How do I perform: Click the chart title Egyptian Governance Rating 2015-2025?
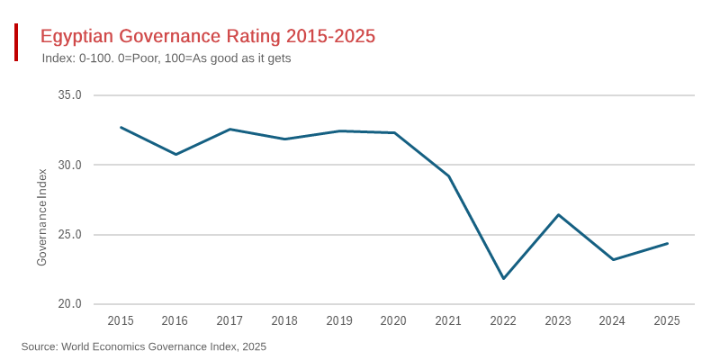tap(207, 36)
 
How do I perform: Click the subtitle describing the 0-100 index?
tap(166, 58)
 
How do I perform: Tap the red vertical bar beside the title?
tap(16, 42)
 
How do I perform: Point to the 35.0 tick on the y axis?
tap(70, 95)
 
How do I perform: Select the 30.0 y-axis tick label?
tap(70, 166)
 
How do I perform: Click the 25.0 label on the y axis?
tap(70, 235)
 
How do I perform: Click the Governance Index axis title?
tap(41, 216)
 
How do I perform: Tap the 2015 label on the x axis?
tap(121, 321)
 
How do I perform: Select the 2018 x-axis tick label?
tap(284, 321)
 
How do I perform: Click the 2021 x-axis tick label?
tap(448, 321)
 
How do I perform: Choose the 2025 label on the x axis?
tap(667, 321)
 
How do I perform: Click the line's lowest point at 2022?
tap(503, 278)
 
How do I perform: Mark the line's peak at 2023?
tap(558, 215)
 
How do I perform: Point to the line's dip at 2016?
tap(175, 154)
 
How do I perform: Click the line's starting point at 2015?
tap(121, 127)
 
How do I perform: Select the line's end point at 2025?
tap(667, 243)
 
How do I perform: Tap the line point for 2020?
tap(394, 132)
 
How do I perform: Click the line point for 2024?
tap(613, 259)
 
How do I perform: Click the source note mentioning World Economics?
tap(144, 346)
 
